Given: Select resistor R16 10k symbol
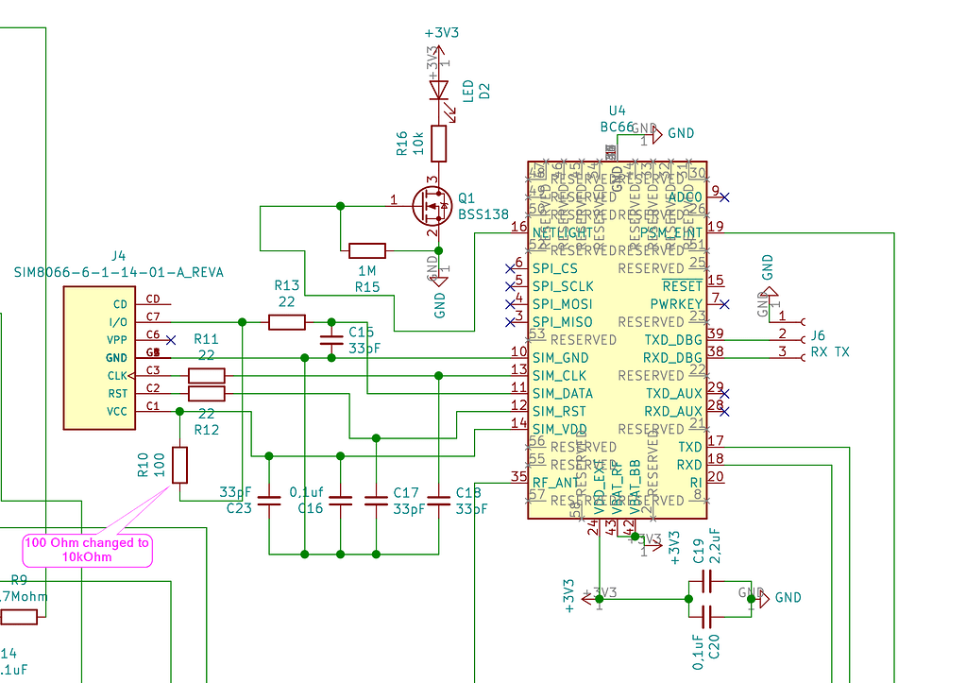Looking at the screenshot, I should click(438, 143).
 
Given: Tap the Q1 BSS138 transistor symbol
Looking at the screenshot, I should click(432, 205).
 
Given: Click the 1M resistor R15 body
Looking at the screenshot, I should click(367, 250).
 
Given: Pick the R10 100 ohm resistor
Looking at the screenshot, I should click(179, 465).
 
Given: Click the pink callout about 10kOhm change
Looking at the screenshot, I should click(87, 550).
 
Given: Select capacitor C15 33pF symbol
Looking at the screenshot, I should click(330, 340).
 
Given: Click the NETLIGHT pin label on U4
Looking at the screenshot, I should click(563, 232).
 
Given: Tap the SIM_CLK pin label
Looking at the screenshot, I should click(559, 375).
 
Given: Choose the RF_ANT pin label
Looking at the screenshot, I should click(557, 482).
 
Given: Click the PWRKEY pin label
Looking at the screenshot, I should click(676, 303).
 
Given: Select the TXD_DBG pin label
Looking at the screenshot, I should click(673, 339).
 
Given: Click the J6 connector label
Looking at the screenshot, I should click(818, 335).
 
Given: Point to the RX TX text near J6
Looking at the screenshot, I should click(830, 352).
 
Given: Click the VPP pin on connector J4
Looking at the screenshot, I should click(119, 339).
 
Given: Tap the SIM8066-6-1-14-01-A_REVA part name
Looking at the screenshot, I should click(119, 272).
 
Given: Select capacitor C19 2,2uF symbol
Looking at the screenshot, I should click(703, 581).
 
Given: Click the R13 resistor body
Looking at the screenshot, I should click(287, 322).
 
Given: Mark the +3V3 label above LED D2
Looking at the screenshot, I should click(442, 32).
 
